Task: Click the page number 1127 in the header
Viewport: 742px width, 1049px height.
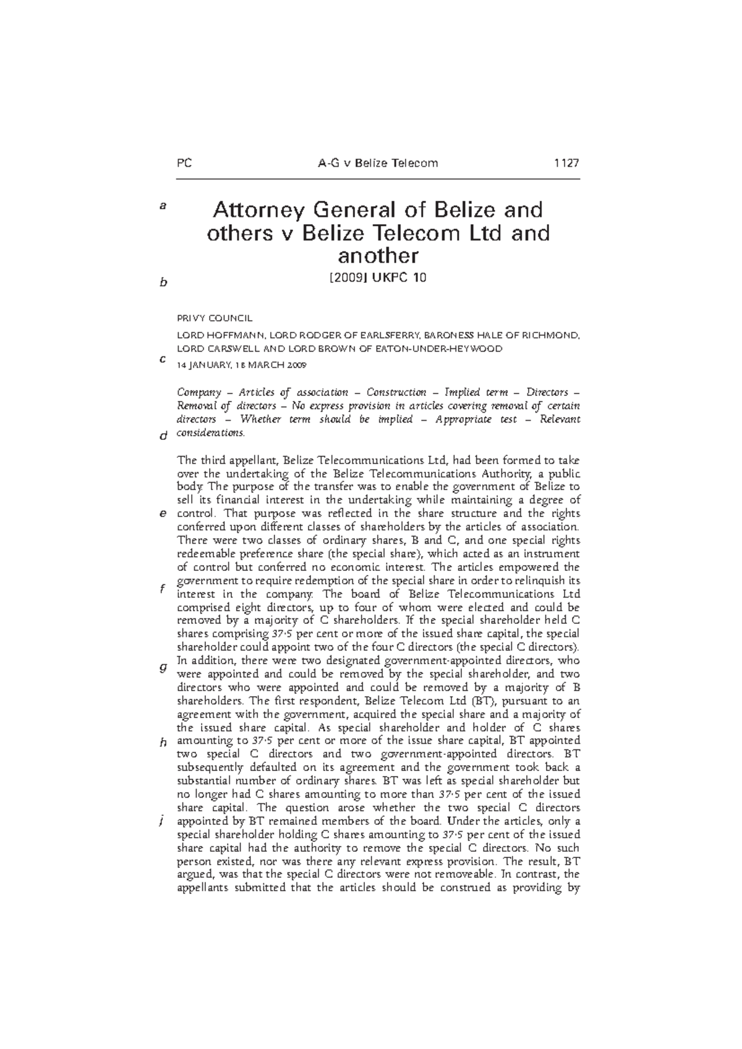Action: point(566,163)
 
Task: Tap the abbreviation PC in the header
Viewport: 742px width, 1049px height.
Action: point(184,163)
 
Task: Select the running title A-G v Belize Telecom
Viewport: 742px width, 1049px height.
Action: point(377,163)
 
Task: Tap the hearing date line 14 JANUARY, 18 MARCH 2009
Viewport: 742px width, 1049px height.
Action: point(241,365)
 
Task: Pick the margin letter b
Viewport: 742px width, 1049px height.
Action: point(163,282)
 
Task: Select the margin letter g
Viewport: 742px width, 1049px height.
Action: point(163,667)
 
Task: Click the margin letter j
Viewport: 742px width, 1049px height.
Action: point(161,821)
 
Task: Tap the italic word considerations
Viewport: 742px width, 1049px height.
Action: point(211,432)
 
